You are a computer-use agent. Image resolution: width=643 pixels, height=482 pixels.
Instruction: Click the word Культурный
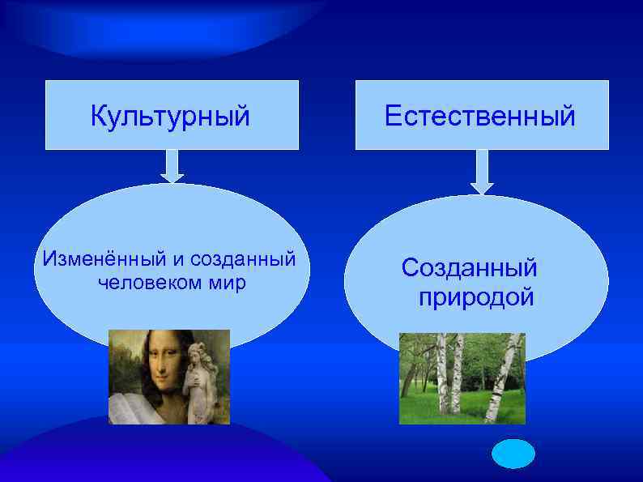click(170, 116)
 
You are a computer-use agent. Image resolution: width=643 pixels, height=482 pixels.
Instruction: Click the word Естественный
click(480, 116)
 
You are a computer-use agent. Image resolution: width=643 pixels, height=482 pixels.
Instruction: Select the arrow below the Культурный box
click(172, 167)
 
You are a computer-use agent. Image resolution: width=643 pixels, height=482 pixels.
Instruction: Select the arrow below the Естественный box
click(482, 172)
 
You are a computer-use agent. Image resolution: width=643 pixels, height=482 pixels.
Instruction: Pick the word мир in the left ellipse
click(228, 284)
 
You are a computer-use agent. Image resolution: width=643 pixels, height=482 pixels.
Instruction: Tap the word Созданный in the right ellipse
click(469, 267)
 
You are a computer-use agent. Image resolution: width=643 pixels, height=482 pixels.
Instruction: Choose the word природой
click(475, 296)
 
